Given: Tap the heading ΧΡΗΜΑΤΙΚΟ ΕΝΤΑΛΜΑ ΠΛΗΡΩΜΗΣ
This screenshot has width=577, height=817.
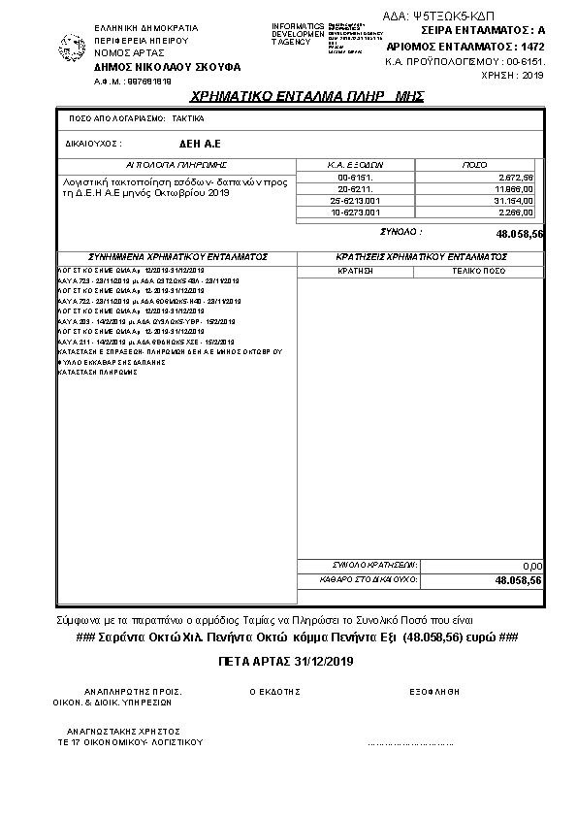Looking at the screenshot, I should coord(307,97).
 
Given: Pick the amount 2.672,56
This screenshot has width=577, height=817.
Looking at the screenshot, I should coord(515,178).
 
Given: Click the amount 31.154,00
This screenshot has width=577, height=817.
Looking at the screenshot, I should coord(514,200).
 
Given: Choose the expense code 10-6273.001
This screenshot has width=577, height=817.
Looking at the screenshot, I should coord(355,211).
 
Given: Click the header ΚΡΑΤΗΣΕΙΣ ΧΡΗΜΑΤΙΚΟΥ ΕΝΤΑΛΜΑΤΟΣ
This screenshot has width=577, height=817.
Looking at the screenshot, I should coord(420,257).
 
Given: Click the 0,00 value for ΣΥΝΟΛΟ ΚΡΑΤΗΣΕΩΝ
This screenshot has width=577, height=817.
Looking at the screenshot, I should coord(531,565).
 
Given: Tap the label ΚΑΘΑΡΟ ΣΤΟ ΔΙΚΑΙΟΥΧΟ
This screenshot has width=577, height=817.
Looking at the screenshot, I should coord(368,578).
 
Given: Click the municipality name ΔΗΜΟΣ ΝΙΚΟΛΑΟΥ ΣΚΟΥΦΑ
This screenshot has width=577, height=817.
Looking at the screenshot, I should coord(167,67).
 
